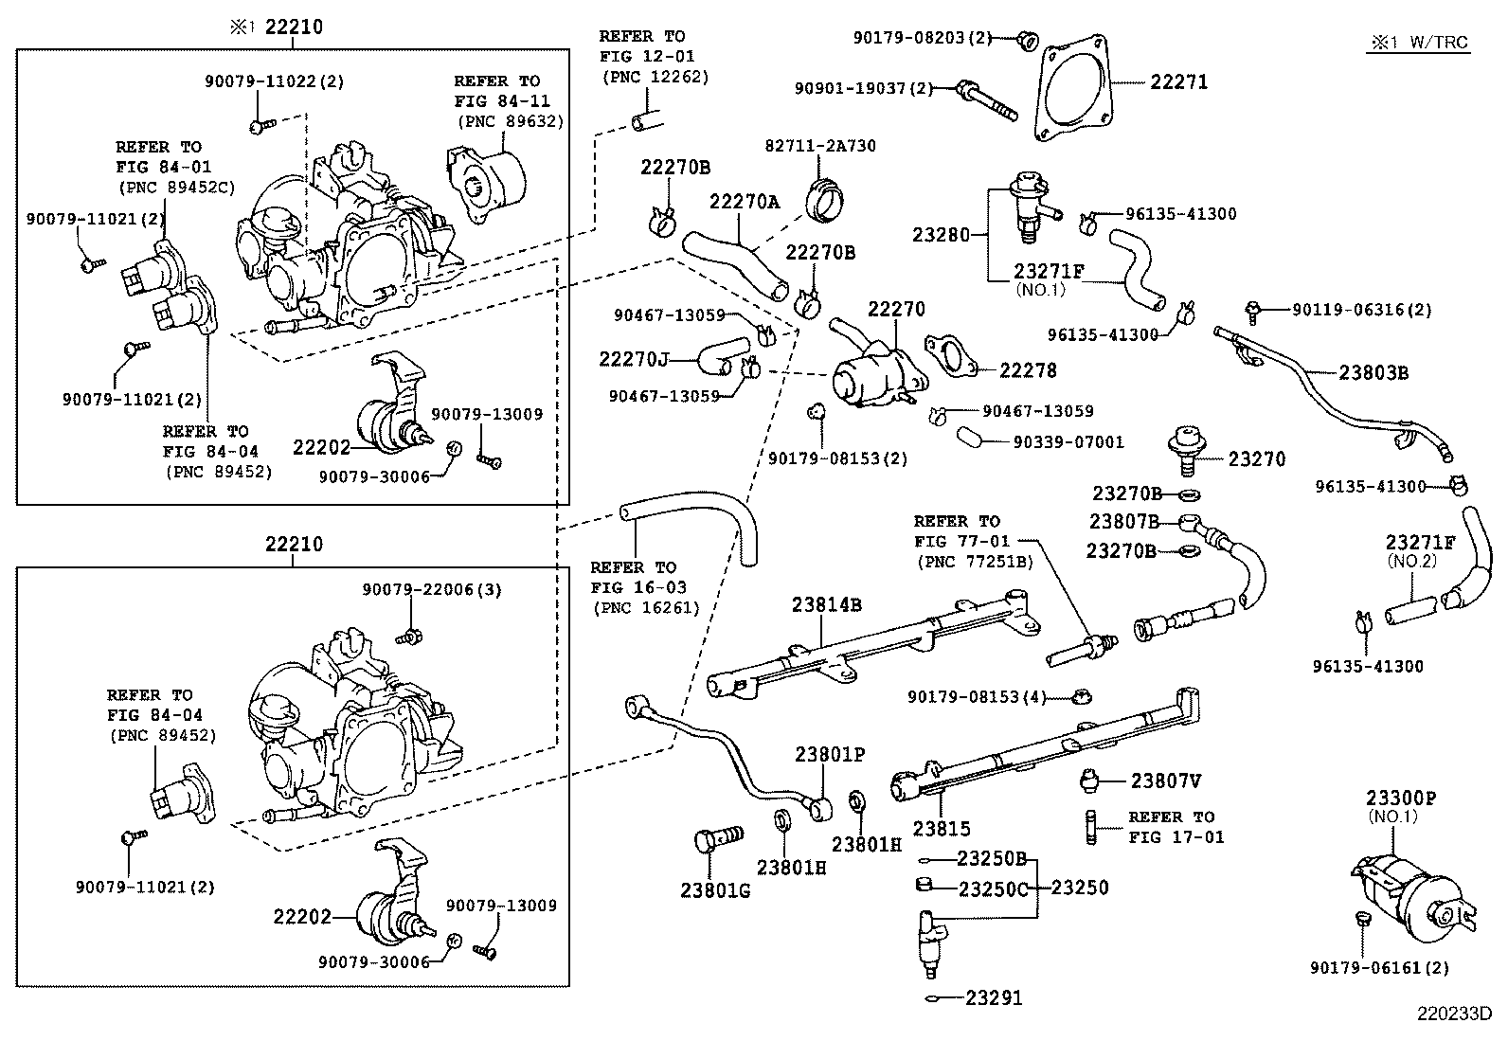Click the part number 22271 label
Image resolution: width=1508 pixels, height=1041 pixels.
[x=1178, y=82]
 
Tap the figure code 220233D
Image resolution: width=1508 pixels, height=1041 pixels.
[x=1454, y=1013]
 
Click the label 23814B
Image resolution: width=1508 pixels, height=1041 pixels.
[x=827, y=604]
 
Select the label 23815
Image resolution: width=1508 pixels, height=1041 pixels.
[x=942, y=829]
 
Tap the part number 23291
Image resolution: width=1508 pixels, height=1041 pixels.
[x=995, y=997]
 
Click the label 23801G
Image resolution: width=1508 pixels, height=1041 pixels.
[x=714, y=890]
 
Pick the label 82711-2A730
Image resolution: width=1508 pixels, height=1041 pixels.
[x=820, y=146]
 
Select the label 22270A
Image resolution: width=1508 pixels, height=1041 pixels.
[x=745, y=201]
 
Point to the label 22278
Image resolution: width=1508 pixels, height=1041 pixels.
[x=1028, y=370]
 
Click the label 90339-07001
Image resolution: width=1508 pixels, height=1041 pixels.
[x=1068, y=441]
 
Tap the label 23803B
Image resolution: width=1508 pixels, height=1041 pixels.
[x=1373, y=372]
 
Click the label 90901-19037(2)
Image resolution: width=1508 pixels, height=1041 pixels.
[x=863, y=88]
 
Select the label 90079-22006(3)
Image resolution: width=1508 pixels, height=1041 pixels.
[x=431, y=589]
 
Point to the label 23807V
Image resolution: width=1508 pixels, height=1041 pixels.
[x=1166, y=781]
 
